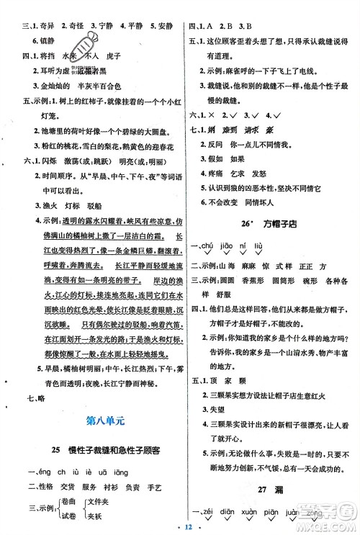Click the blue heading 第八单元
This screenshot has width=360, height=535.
point(93,418)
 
